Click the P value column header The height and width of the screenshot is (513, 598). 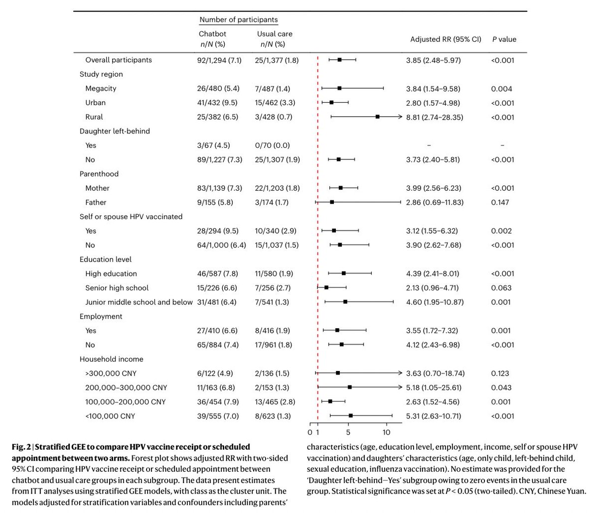[x=504, y=39]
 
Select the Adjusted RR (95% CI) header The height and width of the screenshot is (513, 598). [x=446, y=39]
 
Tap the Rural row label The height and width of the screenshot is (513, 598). [x=94, y=117]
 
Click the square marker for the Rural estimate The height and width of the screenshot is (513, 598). [x=378, y=117]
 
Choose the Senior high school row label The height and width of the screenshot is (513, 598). [x=117, y=288]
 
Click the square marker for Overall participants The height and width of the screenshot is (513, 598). [x=339, y=60]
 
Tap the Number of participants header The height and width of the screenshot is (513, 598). [x=238, y=20]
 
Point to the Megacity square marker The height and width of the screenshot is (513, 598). [x=339, y=88]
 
